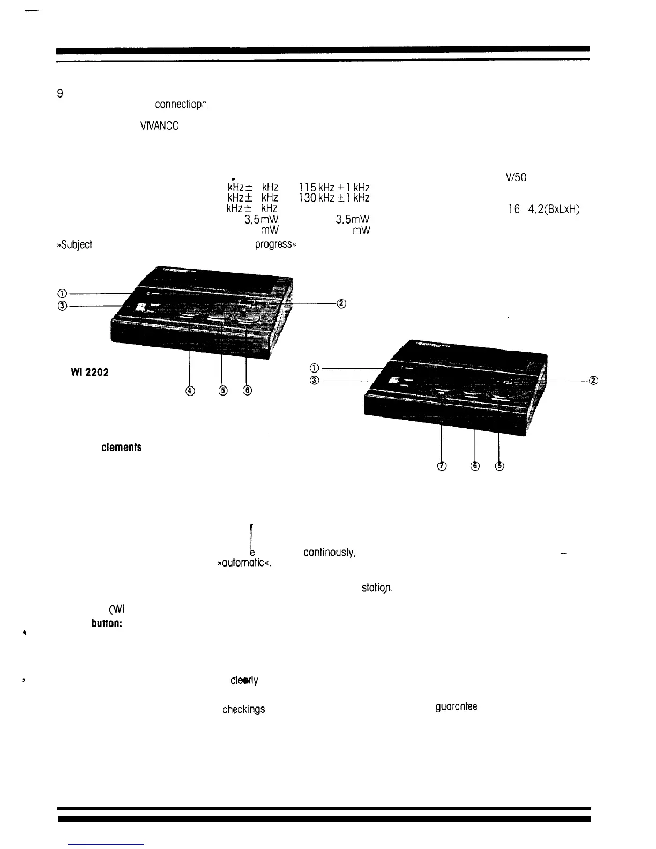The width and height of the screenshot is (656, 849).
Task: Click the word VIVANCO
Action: pyautogui.click(x=159, y=126)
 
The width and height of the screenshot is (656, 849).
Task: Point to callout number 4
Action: pyautogui.click(x=189, y=391)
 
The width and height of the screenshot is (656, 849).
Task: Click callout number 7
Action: pyautogui.click(x=441, y=466)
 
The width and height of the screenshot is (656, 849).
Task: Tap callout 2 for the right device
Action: pyautogui.click(x=593, y=380)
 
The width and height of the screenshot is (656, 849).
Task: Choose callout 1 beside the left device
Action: pyautogui.click(x=63, y=293)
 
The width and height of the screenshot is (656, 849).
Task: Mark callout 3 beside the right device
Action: pyautogui.click(x=315, y=380)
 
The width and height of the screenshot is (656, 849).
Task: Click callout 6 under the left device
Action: pyautogui.click(x=247, y=391)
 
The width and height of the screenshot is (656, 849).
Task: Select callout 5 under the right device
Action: pyautogui.click(x=500, y=466)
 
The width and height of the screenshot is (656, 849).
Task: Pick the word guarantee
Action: pyautogui.click(x=456, y=706)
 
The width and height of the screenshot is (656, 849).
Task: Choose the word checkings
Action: pyautogui.click(x=244, y=709)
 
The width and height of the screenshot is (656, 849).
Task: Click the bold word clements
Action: pyautogui.click(x=122, y=447)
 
